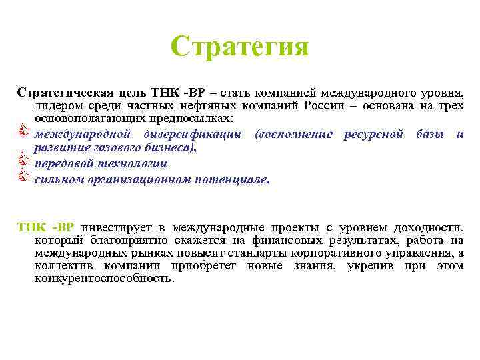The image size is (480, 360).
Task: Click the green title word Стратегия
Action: [x=240, y=46]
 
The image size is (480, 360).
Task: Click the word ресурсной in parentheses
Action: [x=373, y=134]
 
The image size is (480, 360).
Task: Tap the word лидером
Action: [x=60, y=106]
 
